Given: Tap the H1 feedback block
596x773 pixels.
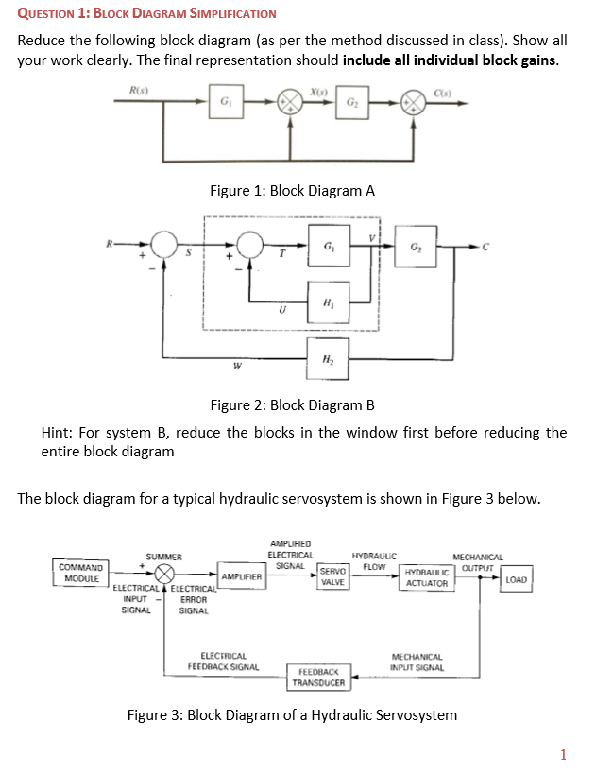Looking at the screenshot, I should coord(326,303).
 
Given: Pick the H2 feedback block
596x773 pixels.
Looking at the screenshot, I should coord(326,358).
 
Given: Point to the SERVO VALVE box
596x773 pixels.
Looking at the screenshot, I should coord(332,577).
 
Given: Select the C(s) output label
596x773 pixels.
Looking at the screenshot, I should coord(444,89).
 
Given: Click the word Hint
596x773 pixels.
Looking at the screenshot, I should coord(60,433).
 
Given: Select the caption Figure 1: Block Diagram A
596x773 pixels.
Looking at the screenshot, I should coord(292,190).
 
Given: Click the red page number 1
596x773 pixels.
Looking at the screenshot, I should coord(563,753).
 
